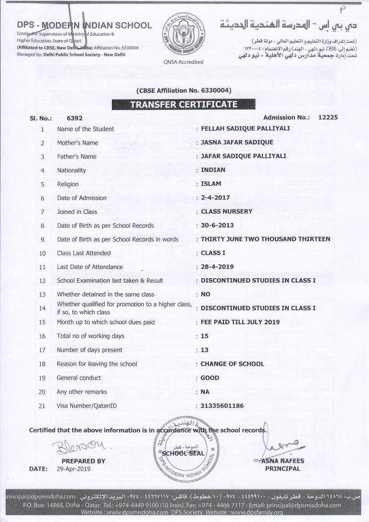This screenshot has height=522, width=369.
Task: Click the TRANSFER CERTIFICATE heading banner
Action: pos(183,104)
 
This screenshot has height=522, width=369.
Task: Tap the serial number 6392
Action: pos(75,118)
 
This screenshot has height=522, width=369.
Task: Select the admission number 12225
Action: pos(328,117)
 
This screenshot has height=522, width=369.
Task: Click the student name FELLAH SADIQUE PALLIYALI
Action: pos(245,129)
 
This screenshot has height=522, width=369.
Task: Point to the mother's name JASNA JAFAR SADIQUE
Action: pos(237,142)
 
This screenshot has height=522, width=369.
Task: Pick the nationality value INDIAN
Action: pos(213,170)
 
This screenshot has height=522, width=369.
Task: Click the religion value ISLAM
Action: pos(211,184)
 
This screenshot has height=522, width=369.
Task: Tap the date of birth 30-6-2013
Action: pos(217,225)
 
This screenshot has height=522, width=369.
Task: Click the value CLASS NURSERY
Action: pos(227,211)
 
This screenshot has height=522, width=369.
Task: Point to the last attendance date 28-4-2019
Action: pos(217,267)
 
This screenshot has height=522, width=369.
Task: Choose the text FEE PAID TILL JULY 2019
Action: pos(240,322)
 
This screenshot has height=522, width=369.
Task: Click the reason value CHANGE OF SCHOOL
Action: pos(232,363)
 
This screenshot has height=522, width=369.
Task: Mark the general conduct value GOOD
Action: pos(210,377)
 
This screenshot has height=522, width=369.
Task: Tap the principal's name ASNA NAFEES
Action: pos(283,461)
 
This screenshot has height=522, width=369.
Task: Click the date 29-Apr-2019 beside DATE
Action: pos(74,469)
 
